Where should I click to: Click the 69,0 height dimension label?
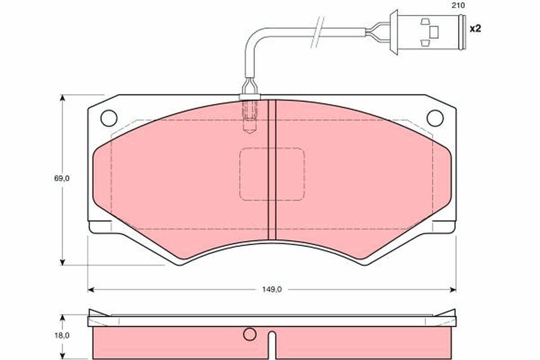pyautogui.click(x=62, y=179)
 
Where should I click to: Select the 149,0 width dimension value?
pyautogui.click(x=272, y=290)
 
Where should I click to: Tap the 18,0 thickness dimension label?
pyautogui.click(x=62, y=335)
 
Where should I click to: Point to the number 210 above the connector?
pyautogui.click(x=458, y=5)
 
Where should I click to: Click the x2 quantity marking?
pyautogui.click(x=475, y=29)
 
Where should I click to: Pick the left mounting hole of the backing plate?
pyautogui.click(x=109, y=118)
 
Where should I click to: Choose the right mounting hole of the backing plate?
pyautogui.click(x=435, y=118)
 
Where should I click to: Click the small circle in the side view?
pyautogui.click(x=249, y=334)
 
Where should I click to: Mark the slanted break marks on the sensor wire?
pyautogui.click(x=318, y=32)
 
